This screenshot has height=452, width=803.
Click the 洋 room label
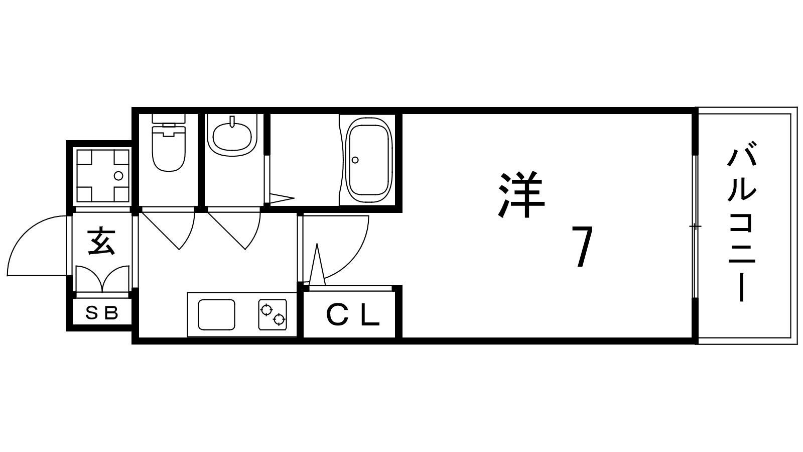point(521,195)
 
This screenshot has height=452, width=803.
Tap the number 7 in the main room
point(582,247)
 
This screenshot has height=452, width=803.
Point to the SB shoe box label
point(102,313)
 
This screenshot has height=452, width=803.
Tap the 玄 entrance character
point(101,241)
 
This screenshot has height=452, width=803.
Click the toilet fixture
point(169,143)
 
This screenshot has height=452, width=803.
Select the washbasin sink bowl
point(232,137)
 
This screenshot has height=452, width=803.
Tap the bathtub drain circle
point(355,160)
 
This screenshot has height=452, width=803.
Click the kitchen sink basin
point(216,314)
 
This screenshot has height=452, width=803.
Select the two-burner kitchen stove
point(273,314)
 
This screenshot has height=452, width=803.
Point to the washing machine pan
point(102,176)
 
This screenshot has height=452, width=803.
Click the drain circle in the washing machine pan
point(118,176)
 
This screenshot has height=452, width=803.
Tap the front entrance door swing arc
point(37,246)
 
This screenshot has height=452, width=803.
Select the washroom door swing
point(233,229)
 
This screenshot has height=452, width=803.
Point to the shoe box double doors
point(102,279)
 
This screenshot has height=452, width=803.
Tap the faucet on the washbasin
point(232,122)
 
